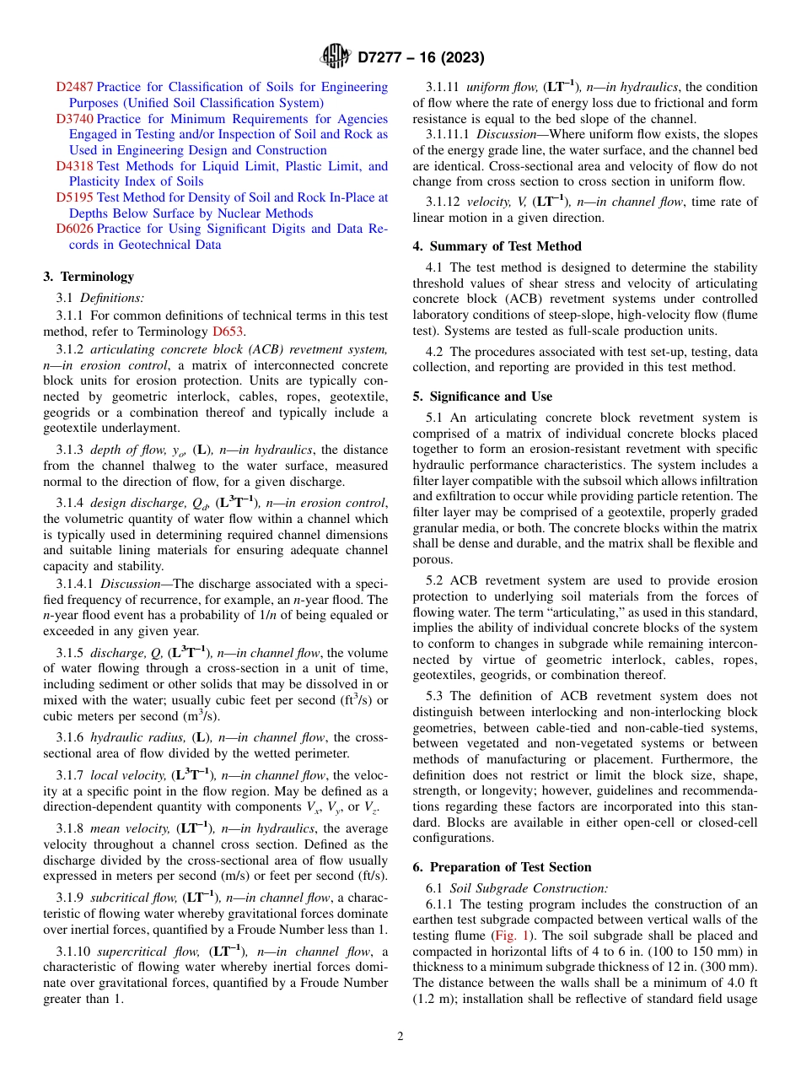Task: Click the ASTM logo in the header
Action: [335, 57]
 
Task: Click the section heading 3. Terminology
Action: [89, 277]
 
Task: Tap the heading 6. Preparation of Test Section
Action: [502, 867]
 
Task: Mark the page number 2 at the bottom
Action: [400, 1037]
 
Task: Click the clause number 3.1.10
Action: [74, 952]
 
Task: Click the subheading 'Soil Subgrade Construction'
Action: [528, 887]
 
